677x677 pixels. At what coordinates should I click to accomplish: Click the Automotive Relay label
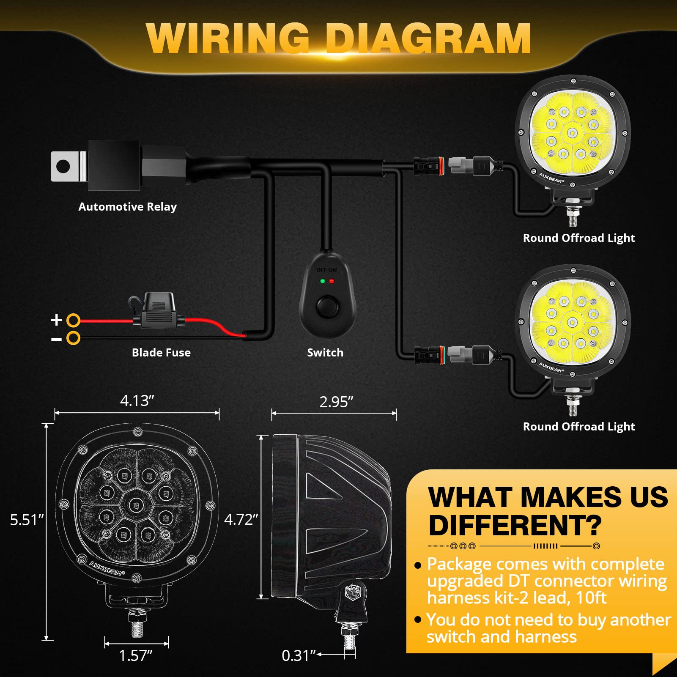pyautogui.click(x=127, y=207)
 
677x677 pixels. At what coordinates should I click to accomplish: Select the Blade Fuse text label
pyautogui.click(x=161, y=353)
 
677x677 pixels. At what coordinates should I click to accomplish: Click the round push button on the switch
pyautogui.click(x=327, y=307)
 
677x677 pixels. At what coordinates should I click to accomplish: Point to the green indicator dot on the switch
pyautogui.click(x=323, y=281)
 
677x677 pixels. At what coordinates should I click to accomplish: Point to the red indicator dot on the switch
pyautogui.click(x=332, y=281)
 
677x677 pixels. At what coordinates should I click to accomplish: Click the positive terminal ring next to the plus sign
pyautogui.click(x=74, y=320)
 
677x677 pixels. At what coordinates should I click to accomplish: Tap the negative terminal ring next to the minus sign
pyautogui.click(x=74, y=338)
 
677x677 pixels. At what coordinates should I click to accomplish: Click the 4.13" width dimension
pyautogui.click(x=137, y=400)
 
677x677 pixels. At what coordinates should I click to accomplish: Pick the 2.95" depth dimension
pyautogui.click(x=336, y=402)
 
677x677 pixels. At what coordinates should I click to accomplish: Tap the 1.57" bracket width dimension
pyautogui.click(x=136, y=655)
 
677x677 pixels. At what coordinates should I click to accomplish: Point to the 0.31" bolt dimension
pyautogui.click(x=299, y=655)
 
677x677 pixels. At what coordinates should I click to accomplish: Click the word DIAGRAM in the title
pyautogui.click(x=428, y=39)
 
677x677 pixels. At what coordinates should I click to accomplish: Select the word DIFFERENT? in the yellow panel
pyautogui.click(x=515, y=525)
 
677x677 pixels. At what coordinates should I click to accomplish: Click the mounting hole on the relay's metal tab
pyautogui.click(x=63, y=166)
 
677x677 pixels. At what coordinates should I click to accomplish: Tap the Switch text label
pyautogui.click(x=325, y=353)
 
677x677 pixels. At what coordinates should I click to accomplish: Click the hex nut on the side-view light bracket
pyautogui.click(x=352, y=592)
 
